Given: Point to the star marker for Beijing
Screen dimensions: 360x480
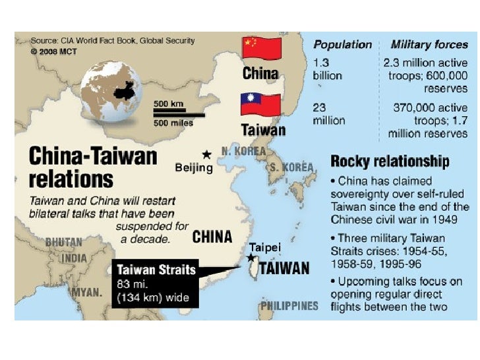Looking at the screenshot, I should click(207, 154).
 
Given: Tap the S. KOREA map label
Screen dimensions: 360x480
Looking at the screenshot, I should click(291, 167).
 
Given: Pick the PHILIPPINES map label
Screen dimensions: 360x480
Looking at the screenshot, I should click(289, 306).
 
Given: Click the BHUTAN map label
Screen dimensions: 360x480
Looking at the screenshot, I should click(63, 243).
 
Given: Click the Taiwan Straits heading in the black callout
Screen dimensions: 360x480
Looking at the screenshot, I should click(156, 270).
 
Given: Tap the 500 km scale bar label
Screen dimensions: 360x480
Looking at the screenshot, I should click(169, 104).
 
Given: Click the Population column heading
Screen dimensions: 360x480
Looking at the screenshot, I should click(342, 45).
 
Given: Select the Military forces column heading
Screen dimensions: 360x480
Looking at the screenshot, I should click(429, 45).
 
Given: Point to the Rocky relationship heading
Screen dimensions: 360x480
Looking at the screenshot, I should click(390, 161).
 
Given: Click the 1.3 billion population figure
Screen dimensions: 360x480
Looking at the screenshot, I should click(327, 69).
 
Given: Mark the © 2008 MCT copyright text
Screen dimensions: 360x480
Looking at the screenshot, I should click(52, 50).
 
